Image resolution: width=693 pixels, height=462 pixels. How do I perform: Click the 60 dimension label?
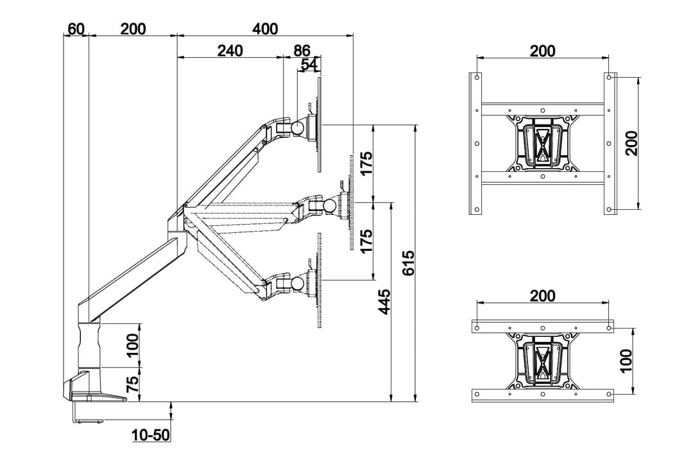click(x=76, y=29)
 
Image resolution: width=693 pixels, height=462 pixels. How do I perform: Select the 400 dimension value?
click(x=265, y=29)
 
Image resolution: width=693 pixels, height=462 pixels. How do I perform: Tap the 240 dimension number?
click(x=230, y=51)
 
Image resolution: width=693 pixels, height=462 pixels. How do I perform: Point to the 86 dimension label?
click(x=302, y=51)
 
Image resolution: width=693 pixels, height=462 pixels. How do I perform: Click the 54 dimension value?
click(x=309, y=64)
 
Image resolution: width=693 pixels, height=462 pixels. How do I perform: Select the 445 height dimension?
click(x=384, y=302)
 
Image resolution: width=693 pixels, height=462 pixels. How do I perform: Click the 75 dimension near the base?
click(x=132, y=384)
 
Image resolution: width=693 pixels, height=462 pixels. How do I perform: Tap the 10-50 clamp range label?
click(x=151, y=435)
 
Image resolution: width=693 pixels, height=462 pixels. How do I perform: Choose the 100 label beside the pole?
click(x=132, y=346)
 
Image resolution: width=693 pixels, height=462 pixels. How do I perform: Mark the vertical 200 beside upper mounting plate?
click(x=631, y=143)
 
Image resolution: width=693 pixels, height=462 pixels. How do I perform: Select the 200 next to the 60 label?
click(x=133, y=29)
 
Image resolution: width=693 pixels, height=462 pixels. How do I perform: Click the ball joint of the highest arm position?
click(x=298, y=127)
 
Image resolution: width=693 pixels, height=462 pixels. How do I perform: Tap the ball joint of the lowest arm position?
click(x=298, y=283)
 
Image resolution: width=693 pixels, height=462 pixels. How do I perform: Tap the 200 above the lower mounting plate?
click(x=543, y=296)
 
